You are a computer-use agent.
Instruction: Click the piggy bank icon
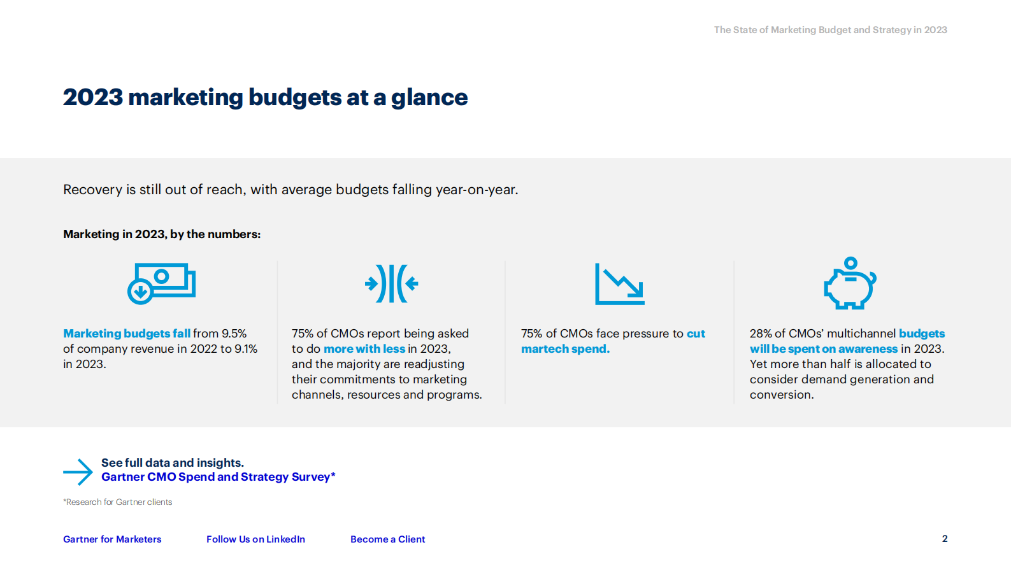coord(850,285)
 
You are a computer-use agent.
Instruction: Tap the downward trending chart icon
coord(619,284)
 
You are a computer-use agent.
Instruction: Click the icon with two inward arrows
coord(391,283)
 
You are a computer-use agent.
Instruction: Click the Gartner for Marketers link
coord(112,539)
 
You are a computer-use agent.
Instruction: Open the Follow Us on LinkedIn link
coord(255,539)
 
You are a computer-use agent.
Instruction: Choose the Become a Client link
coord(387,539)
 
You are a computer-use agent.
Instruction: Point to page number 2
coord(945,539)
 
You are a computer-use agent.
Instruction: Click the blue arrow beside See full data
coord(78,472)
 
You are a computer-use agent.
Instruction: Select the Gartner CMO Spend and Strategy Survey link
coord(218,477)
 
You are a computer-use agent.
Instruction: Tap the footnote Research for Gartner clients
coord(118,502)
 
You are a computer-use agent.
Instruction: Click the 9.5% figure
coord(234,334)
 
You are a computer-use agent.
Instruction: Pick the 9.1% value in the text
coord(246,349)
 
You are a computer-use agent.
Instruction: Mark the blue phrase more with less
coord(364,349)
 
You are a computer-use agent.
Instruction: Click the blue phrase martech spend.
coord(565,349)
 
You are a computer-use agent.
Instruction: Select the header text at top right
coord(830,30)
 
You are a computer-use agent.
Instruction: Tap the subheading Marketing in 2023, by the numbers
coord(162,234)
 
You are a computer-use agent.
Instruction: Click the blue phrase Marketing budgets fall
coord(127,334)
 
